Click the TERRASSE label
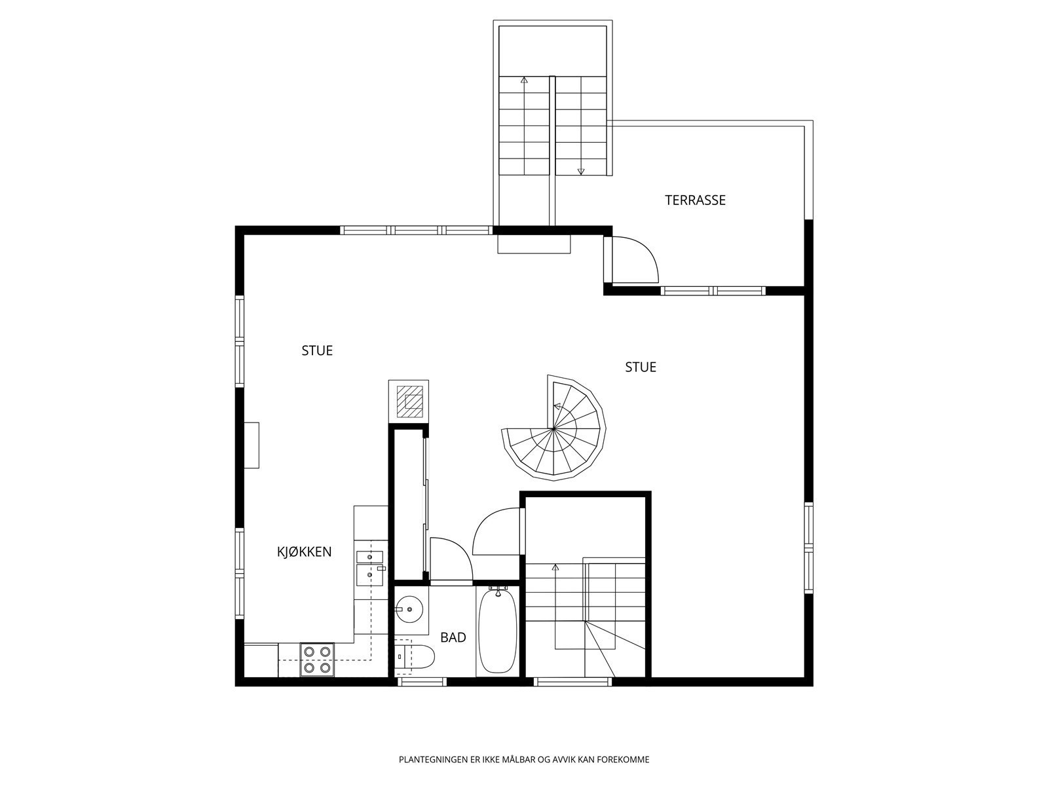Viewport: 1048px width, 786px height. (695, 200)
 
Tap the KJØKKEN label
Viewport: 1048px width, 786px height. (304, 552)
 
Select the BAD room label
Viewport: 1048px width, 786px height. (453, 637)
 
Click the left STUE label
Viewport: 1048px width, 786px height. (317, 351)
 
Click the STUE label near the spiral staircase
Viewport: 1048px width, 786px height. (640, 367)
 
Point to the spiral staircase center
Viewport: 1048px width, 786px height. (553, 429)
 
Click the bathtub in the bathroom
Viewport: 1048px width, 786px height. (498, 631)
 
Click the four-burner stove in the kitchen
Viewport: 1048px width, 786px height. (317, 660)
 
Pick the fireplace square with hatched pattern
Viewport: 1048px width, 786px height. (409, 400)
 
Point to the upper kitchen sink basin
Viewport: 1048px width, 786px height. (369, 557)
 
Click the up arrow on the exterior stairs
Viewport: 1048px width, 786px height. (524, 80)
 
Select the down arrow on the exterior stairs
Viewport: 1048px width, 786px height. (580, 172)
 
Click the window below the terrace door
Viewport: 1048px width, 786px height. (713, 290)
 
